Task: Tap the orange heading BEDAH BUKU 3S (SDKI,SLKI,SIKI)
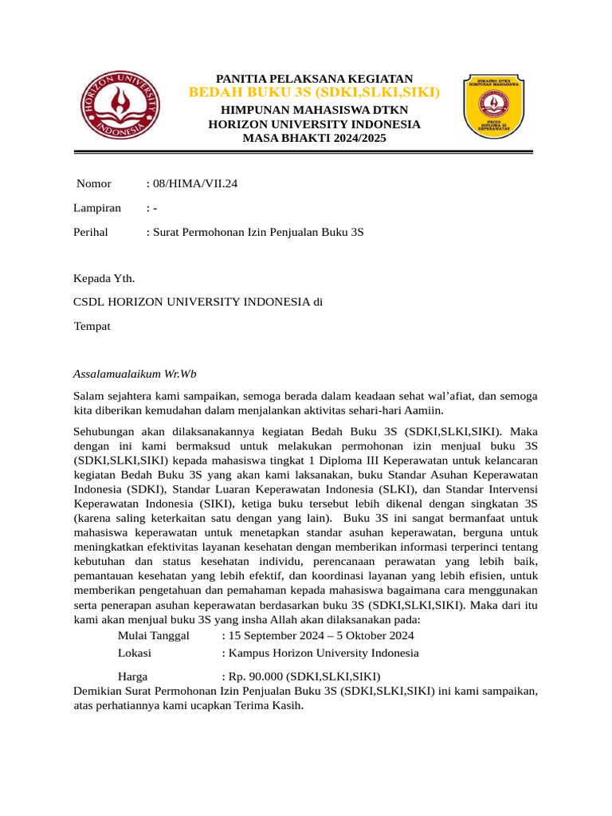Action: point(314,93)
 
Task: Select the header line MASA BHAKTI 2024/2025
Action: point(314,138)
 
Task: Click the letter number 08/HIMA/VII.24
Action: point(194,184)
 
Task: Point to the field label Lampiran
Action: point(97,208)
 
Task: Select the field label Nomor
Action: point(94,184)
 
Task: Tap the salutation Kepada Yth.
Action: point(104,278)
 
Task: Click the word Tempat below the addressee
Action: point(92,326)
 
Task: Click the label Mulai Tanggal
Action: point(153,635)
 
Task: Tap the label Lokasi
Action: point(135,653)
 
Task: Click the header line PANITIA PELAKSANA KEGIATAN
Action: point(314,78)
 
